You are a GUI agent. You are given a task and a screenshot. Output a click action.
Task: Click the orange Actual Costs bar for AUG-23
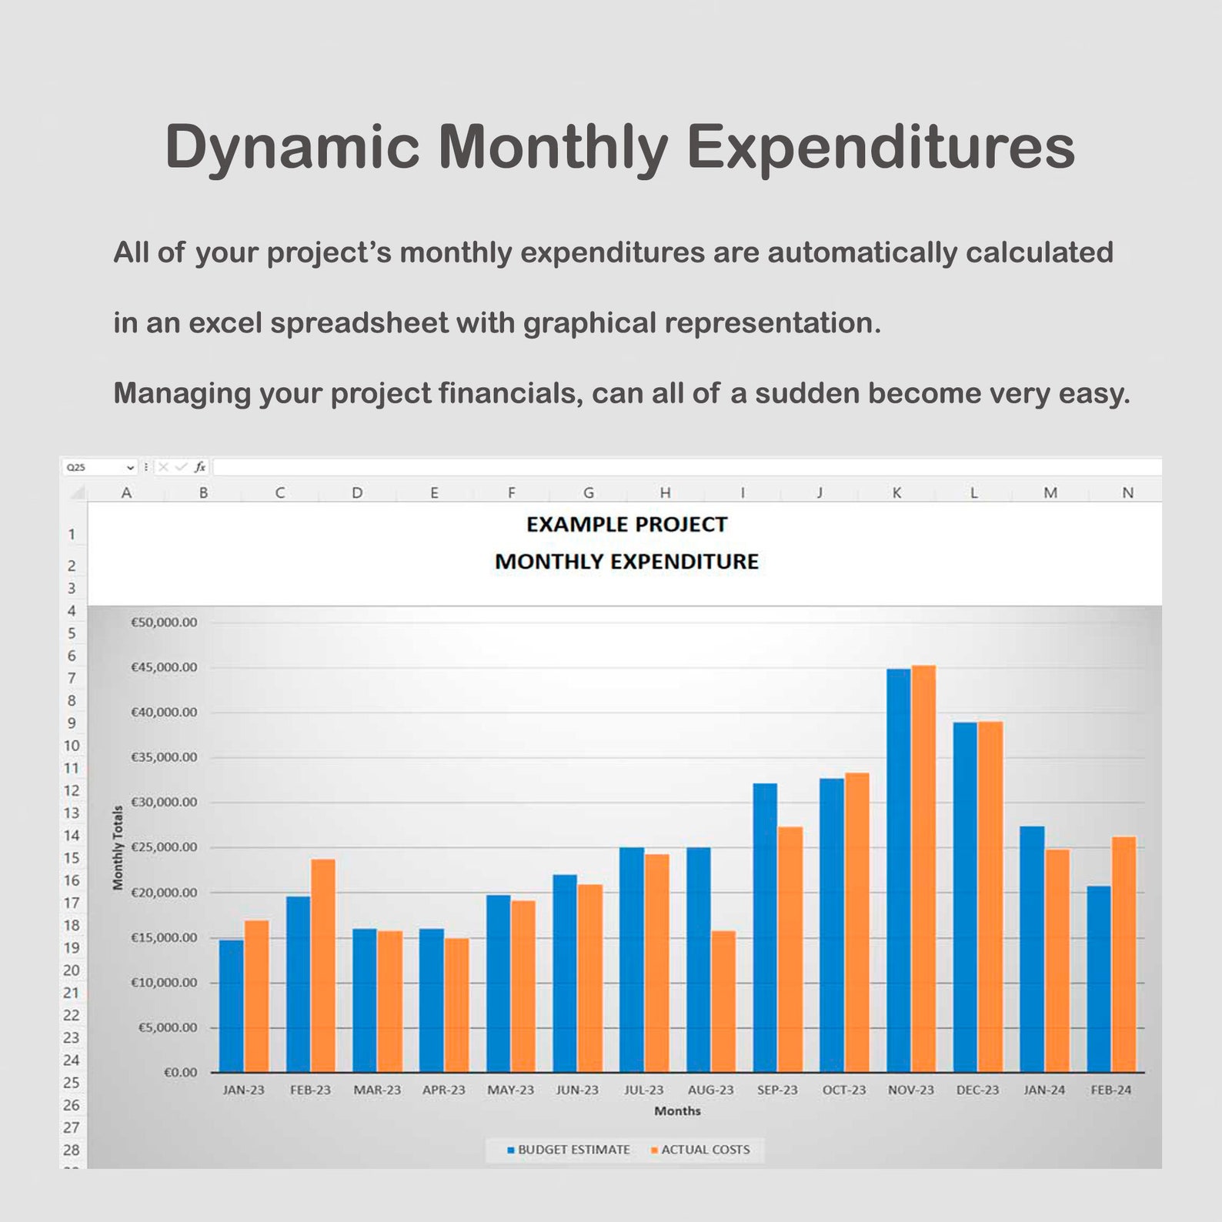click(723, 1000)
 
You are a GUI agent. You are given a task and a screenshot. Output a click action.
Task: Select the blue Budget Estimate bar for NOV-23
click(898, 870)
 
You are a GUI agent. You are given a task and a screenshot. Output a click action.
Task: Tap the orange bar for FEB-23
click(323, 965)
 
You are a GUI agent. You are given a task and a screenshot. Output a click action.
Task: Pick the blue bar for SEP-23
click(765, 927)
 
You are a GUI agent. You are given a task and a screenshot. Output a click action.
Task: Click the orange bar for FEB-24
click(1124, 954)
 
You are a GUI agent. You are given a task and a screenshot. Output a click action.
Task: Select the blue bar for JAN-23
click(231, 1005)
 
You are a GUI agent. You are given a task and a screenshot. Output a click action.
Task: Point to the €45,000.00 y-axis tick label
click(164, 667)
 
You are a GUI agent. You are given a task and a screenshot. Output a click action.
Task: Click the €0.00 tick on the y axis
click(181, 1072)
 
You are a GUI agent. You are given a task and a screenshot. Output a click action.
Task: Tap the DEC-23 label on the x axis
click(977, 1090)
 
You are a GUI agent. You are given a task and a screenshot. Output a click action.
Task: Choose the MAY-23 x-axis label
click(510, 1090)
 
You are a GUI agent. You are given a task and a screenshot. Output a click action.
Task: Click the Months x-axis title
click(677, 1110)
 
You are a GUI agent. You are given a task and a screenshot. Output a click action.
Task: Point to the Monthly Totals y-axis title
click(118, 847)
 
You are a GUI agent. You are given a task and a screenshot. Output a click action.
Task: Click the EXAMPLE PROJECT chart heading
click(626, 525)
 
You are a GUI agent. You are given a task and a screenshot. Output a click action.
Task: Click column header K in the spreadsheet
click(896, 492)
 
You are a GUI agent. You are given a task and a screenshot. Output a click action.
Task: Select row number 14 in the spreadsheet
click(72, 835)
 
